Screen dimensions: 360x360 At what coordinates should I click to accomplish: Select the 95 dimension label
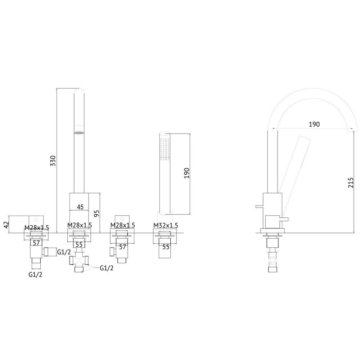point(96,212)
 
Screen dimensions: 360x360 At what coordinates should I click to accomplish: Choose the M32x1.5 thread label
point(166,225)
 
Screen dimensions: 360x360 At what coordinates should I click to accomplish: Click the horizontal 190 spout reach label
point(314,124)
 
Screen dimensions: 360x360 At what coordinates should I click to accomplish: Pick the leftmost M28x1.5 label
point(36,228)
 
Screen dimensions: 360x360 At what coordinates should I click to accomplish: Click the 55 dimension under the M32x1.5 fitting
point(166,247)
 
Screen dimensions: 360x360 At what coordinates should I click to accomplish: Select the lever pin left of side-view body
point(259,207)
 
